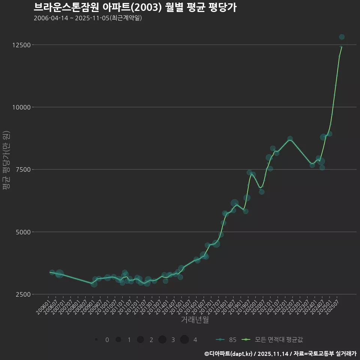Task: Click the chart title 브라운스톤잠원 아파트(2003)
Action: tap(135, 7)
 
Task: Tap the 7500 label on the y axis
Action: tap(24, 169)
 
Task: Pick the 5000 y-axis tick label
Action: tap(24, 232)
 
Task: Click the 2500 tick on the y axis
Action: tap(24, 294)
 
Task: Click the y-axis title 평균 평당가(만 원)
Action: tap(6, 160)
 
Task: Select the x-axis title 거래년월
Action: tap(195, 320)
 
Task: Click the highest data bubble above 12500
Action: tap(342, 37)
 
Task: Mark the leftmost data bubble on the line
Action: tap(52, 272)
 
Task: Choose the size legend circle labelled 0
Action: tap(96, 339)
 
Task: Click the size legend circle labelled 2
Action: tap(141, 339)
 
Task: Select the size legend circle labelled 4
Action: tap(184, 339)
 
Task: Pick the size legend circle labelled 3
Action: tap(162, 339)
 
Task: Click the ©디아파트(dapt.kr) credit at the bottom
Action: tap(229, 354)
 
